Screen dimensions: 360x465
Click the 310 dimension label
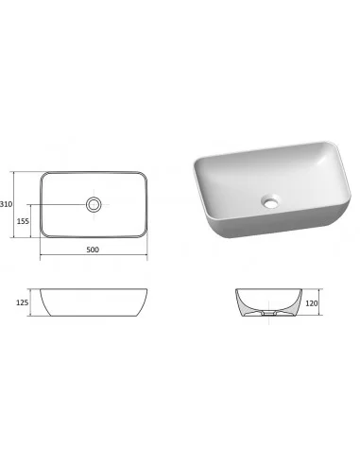click(7, 204)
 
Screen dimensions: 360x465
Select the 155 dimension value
click(23, 221)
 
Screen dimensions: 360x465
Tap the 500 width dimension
click(93, 250)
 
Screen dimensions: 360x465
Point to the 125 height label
click(22, 302)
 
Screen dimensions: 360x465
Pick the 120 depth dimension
click(312, 303)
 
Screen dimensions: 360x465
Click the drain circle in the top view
click(94, 204)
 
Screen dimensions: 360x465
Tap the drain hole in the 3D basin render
click(270, 201)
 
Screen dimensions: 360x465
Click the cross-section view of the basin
click(268, 302)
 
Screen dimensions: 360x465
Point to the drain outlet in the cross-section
click(268, 313)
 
